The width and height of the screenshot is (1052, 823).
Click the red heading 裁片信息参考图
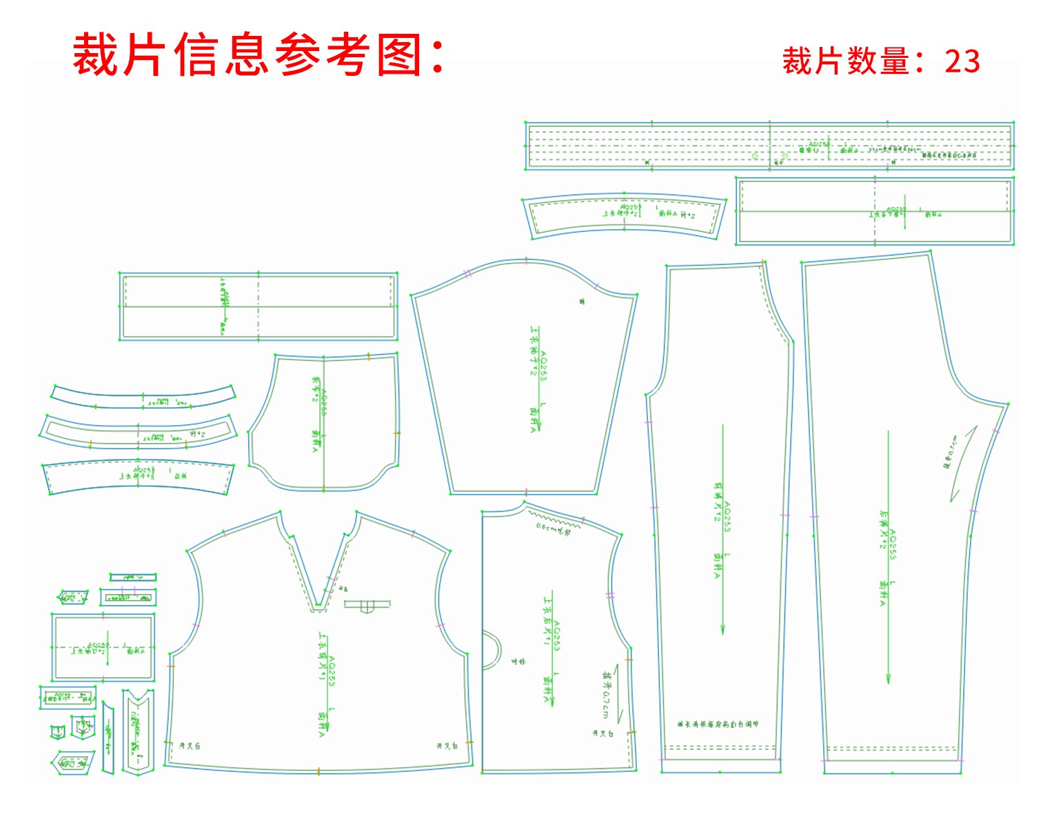click(259, 55)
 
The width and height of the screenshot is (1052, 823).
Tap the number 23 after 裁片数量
click(962, 61)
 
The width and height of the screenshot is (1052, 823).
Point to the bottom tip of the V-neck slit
click(318, 607)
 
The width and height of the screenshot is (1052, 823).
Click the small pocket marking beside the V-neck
click(367, 606)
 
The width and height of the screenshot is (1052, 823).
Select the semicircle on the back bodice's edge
click(491, 651)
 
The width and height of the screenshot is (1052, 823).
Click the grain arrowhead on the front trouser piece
click(722, 628)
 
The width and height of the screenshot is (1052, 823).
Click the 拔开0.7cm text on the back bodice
click(606, 693)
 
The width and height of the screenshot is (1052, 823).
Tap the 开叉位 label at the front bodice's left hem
click(190, 746)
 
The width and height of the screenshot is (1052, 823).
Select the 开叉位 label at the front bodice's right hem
click(447, 746)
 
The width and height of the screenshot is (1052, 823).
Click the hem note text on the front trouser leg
click(718, 724)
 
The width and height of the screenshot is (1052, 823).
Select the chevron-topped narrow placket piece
click(138, 731)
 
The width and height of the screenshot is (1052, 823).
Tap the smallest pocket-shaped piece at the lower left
click(57, 731)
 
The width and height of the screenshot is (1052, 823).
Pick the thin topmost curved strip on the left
click(143, 397)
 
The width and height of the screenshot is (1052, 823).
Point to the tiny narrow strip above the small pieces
click(132, 577)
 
